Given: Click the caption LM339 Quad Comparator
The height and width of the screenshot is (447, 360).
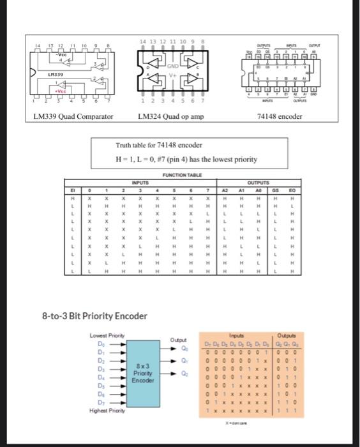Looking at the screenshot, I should tap(73, 117).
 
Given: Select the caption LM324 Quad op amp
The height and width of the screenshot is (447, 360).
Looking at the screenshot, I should tap(170, 117).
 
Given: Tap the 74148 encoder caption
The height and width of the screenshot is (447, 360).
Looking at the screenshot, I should tap(278, 117).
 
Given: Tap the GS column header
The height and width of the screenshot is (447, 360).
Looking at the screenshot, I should tap(276, 189).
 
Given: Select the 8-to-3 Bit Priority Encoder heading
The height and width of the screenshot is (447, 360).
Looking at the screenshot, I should tap(94, 315).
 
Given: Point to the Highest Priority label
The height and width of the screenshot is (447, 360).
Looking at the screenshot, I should tap(103, 410).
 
